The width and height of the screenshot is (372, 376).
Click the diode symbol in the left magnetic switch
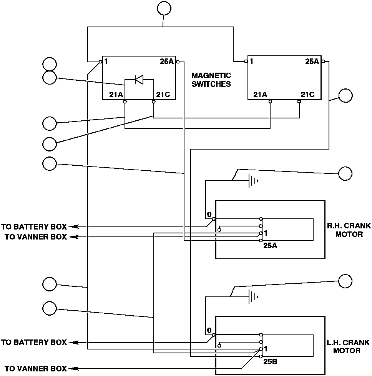point(139,79)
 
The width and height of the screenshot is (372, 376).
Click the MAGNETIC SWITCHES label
point(211,80)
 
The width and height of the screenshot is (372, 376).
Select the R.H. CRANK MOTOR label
point(349,230)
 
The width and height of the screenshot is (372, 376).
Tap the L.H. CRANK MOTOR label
point(348,346)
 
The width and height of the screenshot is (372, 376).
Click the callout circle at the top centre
point(164,8)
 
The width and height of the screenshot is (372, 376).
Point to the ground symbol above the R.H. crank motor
point(253,181)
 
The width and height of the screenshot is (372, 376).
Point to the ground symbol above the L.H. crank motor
point(253,297)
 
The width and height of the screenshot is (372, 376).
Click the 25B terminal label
point(270,361)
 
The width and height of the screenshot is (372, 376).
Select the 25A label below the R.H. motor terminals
point(270,245)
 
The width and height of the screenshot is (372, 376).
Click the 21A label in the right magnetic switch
point(260,95)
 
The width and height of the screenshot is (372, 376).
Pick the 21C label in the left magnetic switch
point(163,95)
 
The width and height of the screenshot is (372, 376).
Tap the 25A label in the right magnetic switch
point(312,62)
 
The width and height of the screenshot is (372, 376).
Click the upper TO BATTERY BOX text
point(34,226)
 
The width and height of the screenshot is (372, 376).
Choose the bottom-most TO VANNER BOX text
point(36,368)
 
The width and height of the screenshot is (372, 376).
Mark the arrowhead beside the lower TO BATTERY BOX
point(73,343)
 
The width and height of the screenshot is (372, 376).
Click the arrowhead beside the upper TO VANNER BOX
point(73,237)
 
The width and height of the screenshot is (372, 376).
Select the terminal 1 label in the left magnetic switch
point(106,62)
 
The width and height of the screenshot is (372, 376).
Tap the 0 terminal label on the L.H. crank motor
point(209,330)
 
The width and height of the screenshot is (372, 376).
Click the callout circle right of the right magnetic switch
point(345,95)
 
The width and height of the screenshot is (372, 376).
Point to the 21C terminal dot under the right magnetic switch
point(299,101)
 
